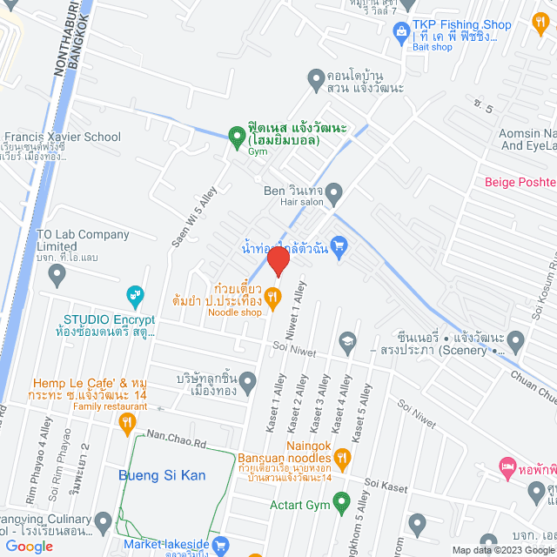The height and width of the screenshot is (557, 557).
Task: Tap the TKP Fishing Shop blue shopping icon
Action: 401,34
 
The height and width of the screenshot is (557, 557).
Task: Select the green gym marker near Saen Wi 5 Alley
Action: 235,136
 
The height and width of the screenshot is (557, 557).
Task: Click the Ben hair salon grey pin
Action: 335,191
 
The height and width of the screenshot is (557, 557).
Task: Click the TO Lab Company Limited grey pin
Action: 58,277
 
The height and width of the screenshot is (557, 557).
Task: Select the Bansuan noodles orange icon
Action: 342,456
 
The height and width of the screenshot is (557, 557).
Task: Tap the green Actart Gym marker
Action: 342,502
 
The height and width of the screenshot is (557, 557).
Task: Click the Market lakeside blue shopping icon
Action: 222,546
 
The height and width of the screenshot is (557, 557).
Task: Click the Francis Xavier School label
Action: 63,137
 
